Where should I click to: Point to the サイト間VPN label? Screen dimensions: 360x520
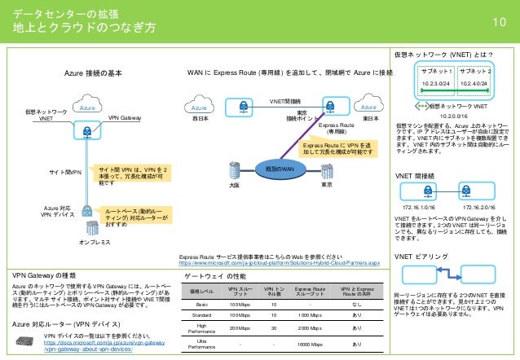click(64, 173)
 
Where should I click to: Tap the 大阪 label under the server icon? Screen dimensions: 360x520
click(235, 186)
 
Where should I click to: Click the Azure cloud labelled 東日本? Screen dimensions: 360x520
click(368, 107)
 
